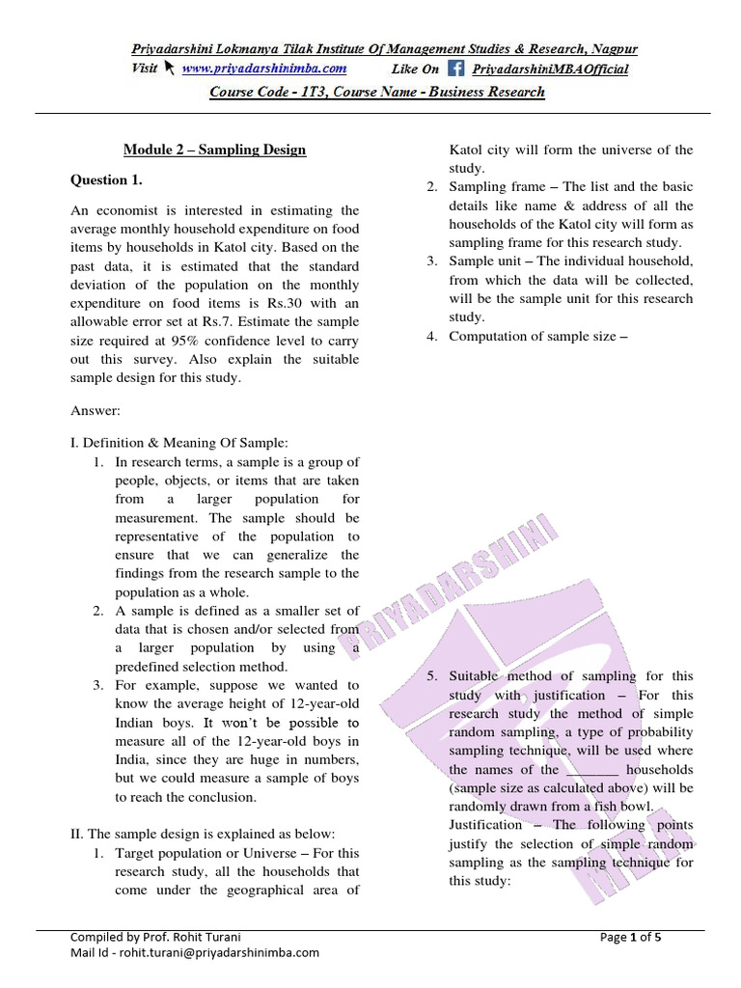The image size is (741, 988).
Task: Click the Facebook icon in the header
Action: coord(455,69)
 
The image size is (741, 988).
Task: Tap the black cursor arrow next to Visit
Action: coord(169,69)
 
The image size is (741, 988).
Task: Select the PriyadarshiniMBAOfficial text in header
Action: coord(550,69)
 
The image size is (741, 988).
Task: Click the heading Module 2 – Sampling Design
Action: coord(214,150)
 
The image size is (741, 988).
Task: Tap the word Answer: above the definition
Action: coord(95,410)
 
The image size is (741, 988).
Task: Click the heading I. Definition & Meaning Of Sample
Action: coord(178,442)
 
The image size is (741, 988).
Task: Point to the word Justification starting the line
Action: coord(485,825)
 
